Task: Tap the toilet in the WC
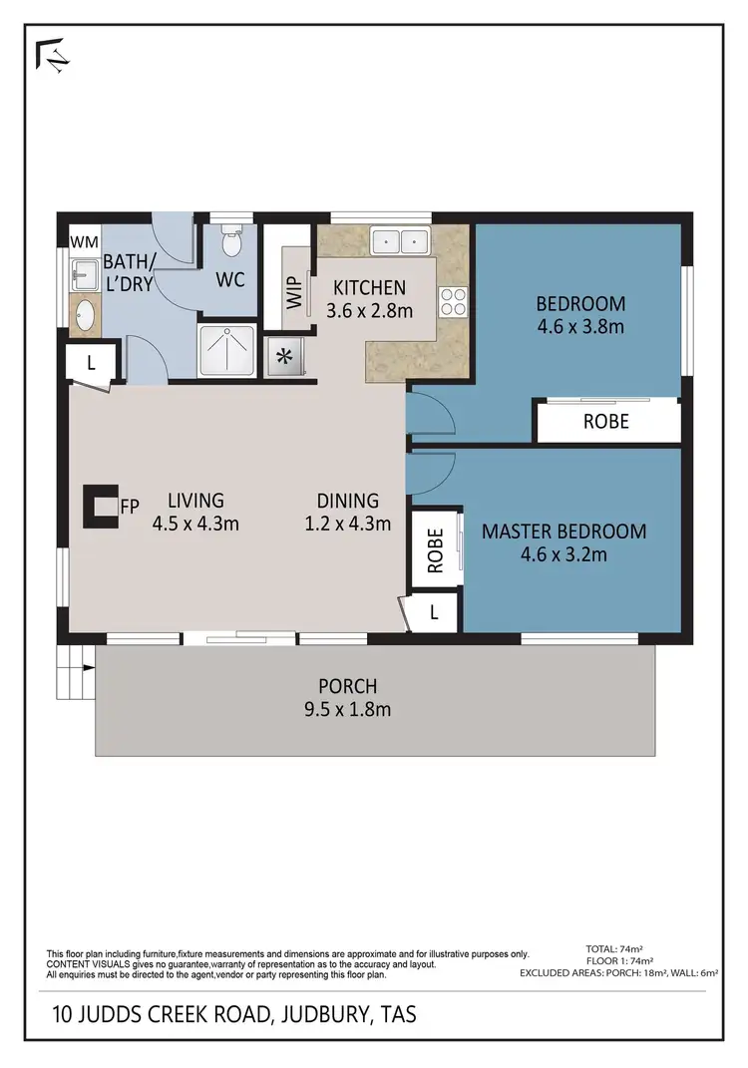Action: tap(231, 242)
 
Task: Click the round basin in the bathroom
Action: tap(83, 317)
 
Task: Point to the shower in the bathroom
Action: tap(228, 350)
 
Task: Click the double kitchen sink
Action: tap(400, 241)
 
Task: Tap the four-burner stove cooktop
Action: tap(453, 301)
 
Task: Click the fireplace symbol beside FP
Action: tap(100, 505)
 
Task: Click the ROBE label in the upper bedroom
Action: tap(606, 422)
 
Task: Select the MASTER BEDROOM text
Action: tap(563, 532)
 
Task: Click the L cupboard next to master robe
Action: tap(434, 613)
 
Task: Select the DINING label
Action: tap(348, 501)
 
